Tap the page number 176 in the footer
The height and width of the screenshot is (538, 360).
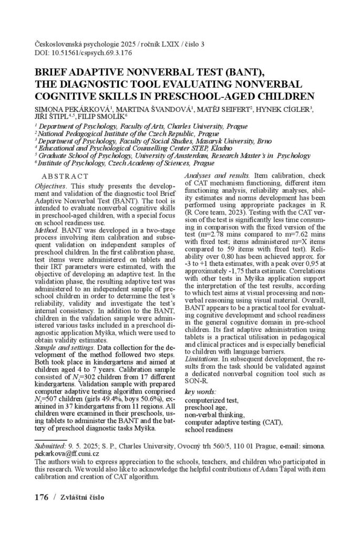[x=41, y=496]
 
